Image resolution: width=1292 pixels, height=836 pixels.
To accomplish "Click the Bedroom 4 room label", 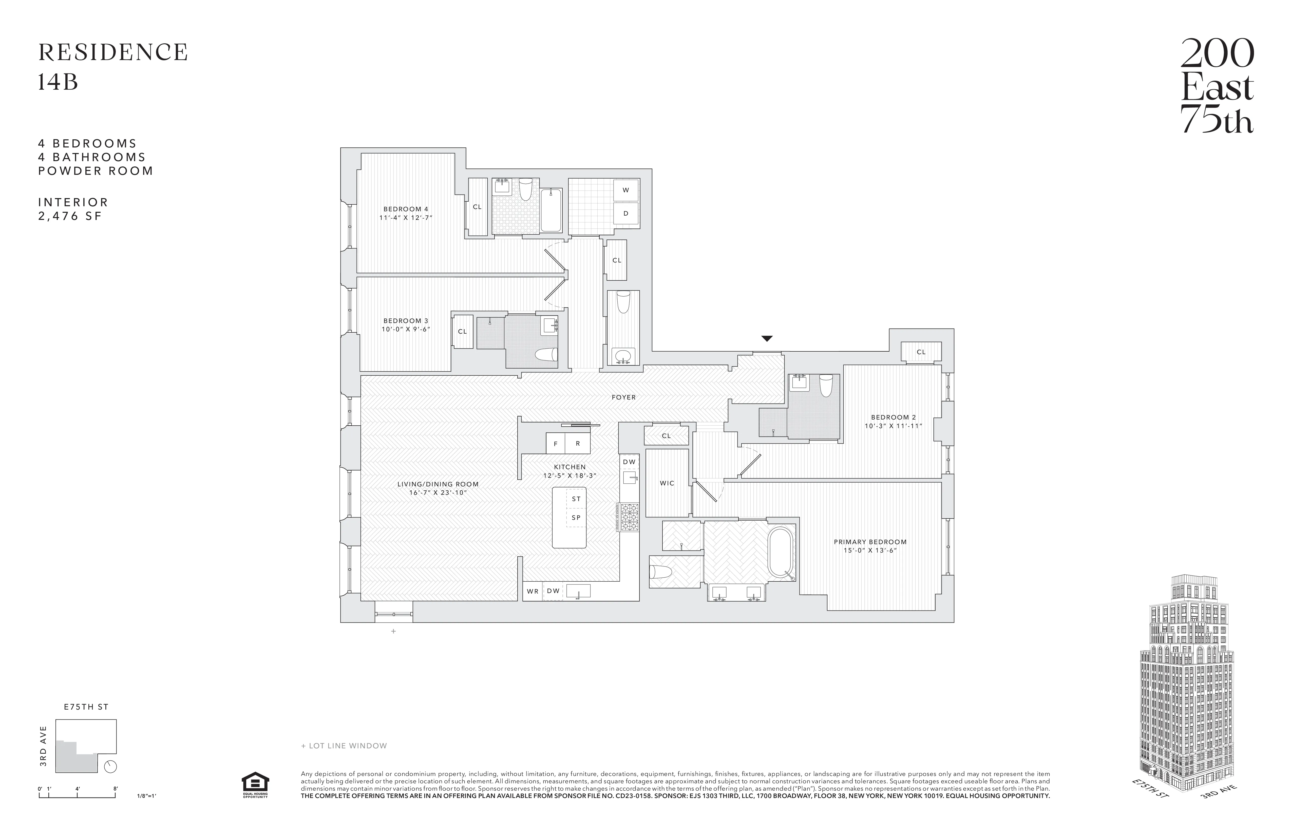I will pos(406,209).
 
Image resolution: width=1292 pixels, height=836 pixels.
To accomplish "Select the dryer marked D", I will pos(625,214).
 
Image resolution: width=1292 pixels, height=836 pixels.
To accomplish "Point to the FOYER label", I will pos(623,397).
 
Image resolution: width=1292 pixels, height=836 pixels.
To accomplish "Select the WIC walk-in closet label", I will pos(667,483).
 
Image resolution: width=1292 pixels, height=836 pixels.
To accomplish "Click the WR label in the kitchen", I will pos(533,591).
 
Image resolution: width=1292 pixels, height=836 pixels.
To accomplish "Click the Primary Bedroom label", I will pos(870,542).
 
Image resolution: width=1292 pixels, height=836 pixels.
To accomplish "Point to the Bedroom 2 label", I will pos(893,417).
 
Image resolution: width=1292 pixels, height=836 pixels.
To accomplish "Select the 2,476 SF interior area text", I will pos(70,216).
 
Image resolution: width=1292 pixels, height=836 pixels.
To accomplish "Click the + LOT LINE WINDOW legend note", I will pos(344,746).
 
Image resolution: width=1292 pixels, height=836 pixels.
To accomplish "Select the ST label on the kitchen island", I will pos(576,499).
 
